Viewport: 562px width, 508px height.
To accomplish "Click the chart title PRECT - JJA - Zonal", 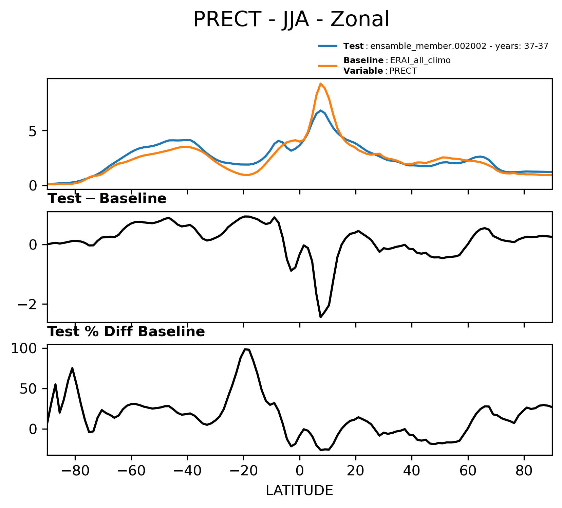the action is point(291,19).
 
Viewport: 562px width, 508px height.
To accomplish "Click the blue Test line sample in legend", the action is point(328,46).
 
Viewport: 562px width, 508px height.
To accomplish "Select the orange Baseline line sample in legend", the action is point(328,66).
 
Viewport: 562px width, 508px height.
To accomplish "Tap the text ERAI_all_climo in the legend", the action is point(420,60).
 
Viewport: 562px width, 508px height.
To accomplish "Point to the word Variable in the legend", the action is point(363,71).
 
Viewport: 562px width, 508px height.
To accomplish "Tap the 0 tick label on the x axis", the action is point(299,472).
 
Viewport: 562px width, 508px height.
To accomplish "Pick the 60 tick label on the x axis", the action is point(468,472).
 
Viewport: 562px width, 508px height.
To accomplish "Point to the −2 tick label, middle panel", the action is point(27,304).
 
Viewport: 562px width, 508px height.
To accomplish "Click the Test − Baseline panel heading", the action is point(107,199).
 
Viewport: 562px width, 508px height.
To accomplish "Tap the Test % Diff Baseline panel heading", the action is point(126,331).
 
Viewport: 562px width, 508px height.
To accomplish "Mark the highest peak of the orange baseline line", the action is point(320,84).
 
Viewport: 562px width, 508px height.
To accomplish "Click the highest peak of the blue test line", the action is point(320,110).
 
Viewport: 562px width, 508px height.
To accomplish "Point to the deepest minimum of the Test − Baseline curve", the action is point(320,317).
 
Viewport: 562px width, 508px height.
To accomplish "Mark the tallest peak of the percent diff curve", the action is point(245,349).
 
